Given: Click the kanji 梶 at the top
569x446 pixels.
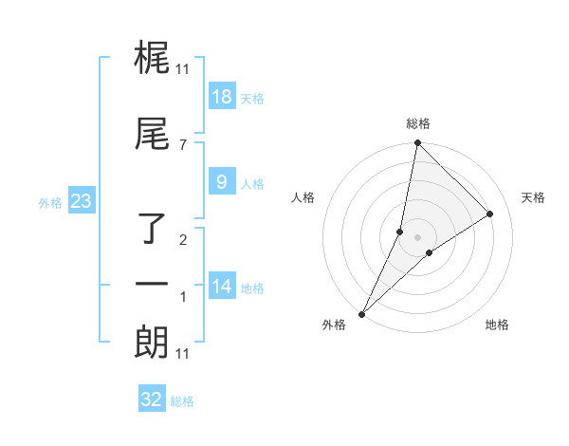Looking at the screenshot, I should coord(153,60).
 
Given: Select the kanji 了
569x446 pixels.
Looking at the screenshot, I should coord(154,229).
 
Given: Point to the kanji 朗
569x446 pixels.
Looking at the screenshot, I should coord(153,343).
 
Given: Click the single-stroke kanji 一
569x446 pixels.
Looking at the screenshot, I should coord(153,286).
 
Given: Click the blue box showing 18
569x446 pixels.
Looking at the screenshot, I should coord(221,97).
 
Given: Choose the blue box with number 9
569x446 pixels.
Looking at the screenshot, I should coord(221,183).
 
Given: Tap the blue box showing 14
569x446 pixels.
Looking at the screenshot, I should coord(221,288).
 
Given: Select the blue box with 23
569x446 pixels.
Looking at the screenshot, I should coord(82,201).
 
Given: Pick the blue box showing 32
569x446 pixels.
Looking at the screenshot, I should coord(152,400).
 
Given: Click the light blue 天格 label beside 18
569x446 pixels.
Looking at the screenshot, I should coord(252,99).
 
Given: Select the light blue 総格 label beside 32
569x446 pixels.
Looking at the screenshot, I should coord(182,401).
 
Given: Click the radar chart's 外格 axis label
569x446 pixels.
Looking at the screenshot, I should coord(334,325).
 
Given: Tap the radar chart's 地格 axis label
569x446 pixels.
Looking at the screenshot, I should coord(497,325).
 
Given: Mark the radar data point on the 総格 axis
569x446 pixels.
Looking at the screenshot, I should coord(417,142).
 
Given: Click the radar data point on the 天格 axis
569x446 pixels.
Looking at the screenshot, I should coord(490,214).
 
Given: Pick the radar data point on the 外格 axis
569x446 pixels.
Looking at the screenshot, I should coord(362,313).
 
